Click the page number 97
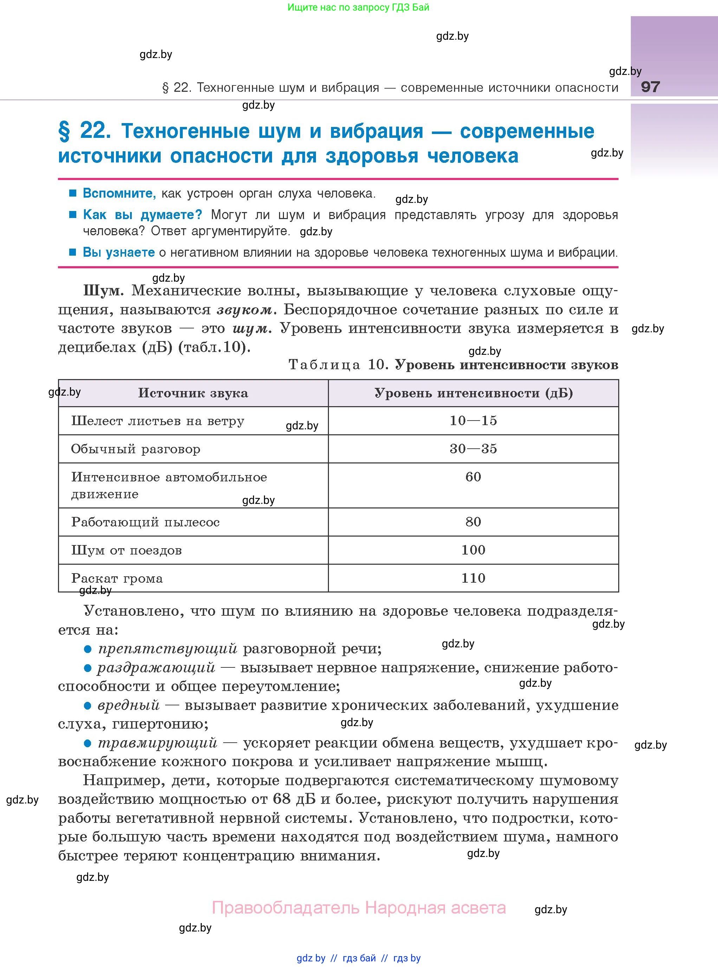[x=650, y=87]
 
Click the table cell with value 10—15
[x=473, y=421]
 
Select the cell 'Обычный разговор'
[x=136, y=449]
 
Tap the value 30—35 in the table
[x=473, y=449]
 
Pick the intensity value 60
[x=473, y=477]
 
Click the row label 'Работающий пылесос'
[x=145, y=522]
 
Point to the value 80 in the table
[x=473, y=522]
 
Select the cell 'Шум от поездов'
[x=127, y=550]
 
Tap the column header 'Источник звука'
[x=193, y=393]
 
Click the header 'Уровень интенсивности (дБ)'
[x=473, y=393]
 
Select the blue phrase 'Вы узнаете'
[x=119, y=252]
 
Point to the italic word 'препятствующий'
[x=168, y=649]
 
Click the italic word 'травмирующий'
[x=157, y=742]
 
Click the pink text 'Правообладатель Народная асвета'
[x=358, y=908]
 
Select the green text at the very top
[x=358, y=7]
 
